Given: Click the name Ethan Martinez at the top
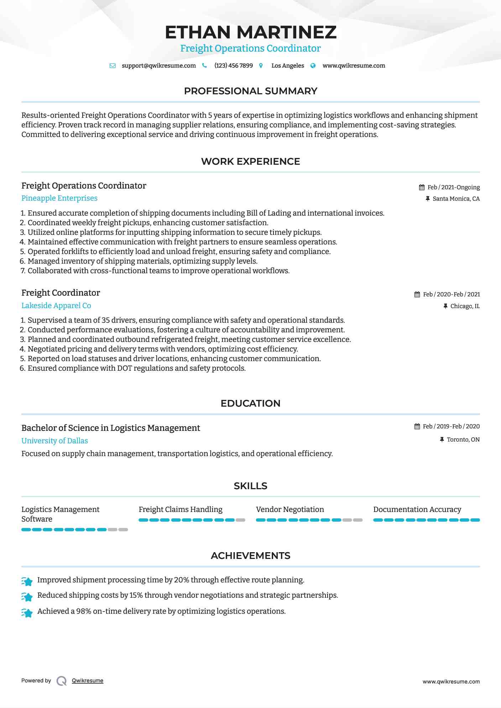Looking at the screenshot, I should (250, 32).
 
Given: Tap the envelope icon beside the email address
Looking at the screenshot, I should (113, 66).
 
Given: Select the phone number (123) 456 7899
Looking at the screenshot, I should (234, 66).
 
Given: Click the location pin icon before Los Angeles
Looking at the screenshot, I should (261, 66).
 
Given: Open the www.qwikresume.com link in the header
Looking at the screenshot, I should (354, 66).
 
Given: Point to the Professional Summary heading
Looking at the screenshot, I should (250, 91).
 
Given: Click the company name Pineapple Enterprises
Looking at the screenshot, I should (59, 198).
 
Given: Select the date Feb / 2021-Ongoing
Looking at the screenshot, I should (453, 187).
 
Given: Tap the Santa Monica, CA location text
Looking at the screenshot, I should (456, 199).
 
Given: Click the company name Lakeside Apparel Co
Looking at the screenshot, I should (56, 306).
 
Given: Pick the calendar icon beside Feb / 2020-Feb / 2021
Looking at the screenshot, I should (417, 295).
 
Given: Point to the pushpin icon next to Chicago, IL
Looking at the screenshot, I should (445, 306).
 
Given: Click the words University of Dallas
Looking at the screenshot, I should (54, 441).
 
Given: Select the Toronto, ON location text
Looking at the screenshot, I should (463, 440).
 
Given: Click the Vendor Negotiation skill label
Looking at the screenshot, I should (290, 509).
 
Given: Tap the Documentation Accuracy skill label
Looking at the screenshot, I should (417, 509).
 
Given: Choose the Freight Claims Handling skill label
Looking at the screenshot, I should (181, 509).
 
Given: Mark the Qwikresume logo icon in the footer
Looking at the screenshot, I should (62, 681).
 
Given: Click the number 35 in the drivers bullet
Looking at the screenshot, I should (105, 320).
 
